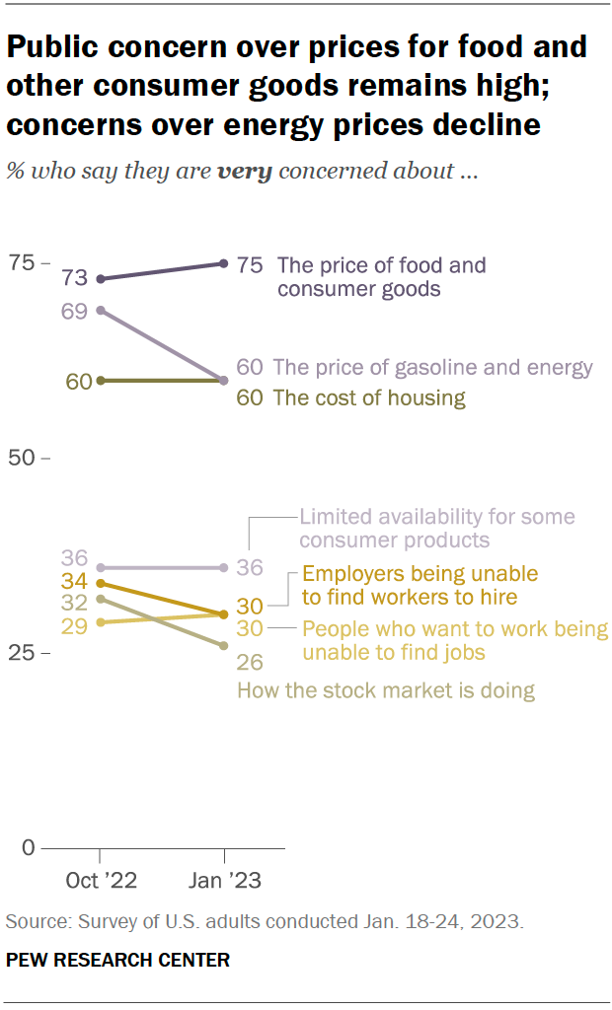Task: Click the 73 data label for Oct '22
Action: click(x=74, y=279)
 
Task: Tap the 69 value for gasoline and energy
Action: click(x=74, y=312)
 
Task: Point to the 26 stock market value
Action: click(x=250, y=662)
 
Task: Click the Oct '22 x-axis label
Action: click(x=101, y=880)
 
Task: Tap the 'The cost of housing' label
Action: click(x=368, y=398)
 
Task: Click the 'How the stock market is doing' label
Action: click(x=386, y=690)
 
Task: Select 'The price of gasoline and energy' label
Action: click(x=432, y=368)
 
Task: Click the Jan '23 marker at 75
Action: click(x=225, y=263)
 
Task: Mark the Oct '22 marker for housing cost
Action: click(x=101, y=381)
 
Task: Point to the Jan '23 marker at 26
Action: click(x=225, y=646)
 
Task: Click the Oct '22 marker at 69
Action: click(x=101, y=310)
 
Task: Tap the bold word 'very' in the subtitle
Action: click(x=246, y=171)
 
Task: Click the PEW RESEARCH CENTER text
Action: click(x=117, y=960)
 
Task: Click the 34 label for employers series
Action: click(x=74, y=581)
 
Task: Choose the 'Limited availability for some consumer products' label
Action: click(x=436, y=529)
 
